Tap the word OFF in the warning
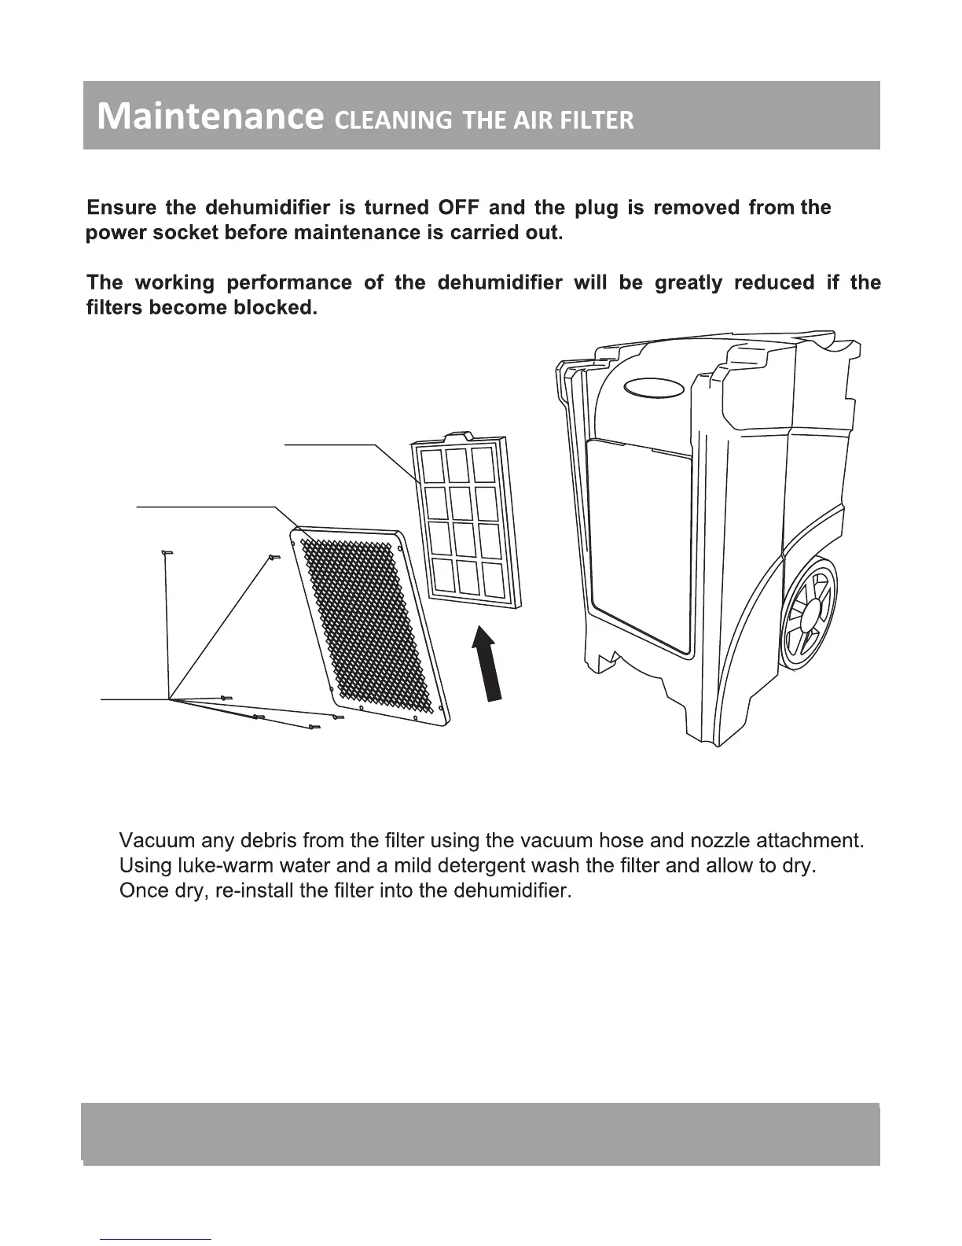[458, 208]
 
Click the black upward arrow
[487, 662]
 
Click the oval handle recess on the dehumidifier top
[654, 389]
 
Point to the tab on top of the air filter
[457, 435]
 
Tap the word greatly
[688, 282]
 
